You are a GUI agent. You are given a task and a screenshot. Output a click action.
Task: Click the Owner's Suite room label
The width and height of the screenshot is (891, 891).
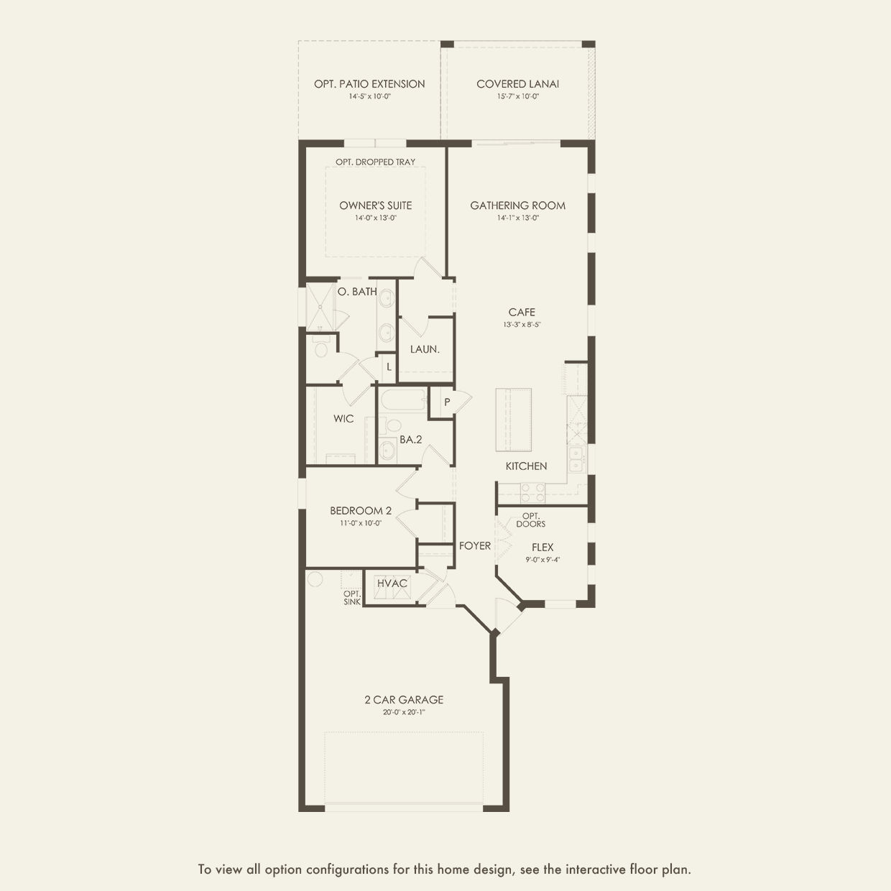coord(376,206)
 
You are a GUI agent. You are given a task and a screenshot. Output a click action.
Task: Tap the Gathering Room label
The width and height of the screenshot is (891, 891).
coord(518,206)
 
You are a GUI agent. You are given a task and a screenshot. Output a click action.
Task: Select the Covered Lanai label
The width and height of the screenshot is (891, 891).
coord(518,84)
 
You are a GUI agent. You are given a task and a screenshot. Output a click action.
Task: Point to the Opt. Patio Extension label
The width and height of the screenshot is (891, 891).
coord(369,84)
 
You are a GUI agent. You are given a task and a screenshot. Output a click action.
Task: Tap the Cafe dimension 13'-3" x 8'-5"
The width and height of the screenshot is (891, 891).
coord(522,325)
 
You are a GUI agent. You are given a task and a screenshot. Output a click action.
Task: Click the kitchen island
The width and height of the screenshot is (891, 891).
coord(513,420)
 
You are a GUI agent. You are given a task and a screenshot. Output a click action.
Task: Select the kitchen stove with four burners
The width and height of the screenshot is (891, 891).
coord(532,492)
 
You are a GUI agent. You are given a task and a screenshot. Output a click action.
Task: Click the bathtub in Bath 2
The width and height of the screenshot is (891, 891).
coord(402,400)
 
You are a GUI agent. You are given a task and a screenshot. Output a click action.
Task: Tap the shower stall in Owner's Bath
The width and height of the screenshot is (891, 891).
coord(320,307)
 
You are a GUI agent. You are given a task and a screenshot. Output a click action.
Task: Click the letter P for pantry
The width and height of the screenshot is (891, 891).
coord(447,402)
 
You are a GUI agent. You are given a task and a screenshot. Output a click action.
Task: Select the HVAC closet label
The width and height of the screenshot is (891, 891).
coord(392,583)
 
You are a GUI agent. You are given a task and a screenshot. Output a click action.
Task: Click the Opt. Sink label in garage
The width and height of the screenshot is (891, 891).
coord(352,598)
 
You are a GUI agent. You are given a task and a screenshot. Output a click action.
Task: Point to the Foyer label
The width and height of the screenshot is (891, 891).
coord(475,545)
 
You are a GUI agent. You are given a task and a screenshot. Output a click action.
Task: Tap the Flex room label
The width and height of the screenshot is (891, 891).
coord(543,548)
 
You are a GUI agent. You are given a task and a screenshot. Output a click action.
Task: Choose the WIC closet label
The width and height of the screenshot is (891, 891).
coord(343,418)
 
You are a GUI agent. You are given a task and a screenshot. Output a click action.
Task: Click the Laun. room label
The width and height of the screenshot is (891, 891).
coord(425,349)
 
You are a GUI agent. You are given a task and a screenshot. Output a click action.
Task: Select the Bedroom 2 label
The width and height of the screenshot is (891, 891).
coord(361,510)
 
